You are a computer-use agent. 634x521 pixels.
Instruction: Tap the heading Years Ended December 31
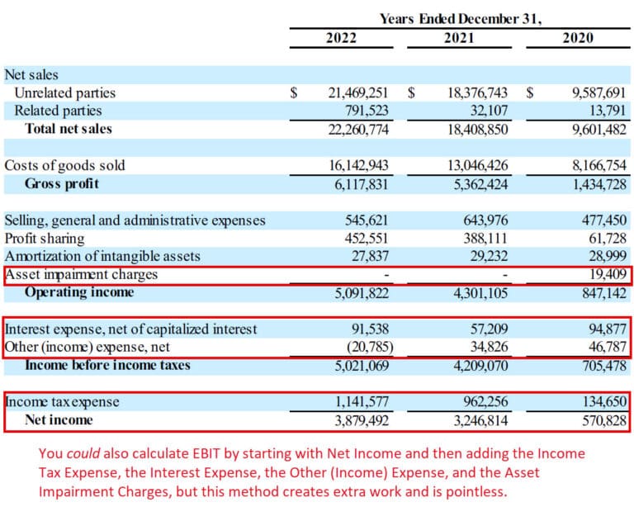pos(461,17)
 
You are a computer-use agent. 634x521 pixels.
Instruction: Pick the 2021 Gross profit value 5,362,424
pos(478,183)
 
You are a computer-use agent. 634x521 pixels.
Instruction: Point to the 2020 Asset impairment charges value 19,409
pos(606,274)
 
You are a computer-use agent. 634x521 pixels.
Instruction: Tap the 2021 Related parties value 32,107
pos(487,111)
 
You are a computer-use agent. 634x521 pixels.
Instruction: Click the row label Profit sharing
pos(45,238)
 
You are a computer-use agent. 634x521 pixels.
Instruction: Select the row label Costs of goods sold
pos(65,165)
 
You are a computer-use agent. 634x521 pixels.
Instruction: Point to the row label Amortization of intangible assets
pos(102,256)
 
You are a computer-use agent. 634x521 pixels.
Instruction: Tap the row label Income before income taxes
pos(107,365)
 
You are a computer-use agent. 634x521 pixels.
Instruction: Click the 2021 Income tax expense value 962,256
pos(481,402)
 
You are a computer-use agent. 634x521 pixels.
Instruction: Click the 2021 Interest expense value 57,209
pos(485,329)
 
